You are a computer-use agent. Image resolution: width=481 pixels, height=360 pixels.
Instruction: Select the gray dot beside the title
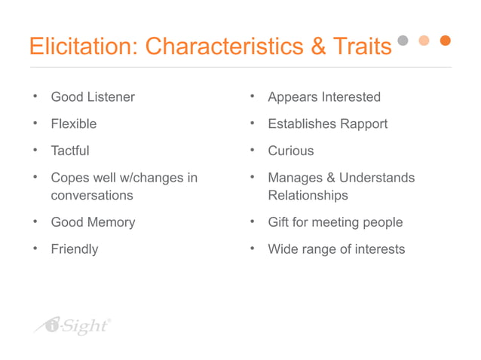coord(403,41)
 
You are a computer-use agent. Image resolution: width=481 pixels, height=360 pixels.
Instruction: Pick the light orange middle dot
coord(424,41)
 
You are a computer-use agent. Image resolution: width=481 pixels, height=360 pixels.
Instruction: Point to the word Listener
coord(110,97)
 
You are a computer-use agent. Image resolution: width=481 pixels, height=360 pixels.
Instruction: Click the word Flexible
coord(73,124)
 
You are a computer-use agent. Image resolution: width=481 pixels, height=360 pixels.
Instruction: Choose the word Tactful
coord(69,151)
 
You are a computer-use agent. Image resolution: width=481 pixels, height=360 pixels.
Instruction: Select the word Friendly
coord(74,249)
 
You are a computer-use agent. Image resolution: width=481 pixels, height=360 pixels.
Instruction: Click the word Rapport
coord(362,124)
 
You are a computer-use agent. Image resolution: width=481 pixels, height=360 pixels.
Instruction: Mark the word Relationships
coord(308,195)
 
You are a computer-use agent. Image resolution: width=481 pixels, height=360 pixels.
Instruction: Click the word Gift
coord(278,222)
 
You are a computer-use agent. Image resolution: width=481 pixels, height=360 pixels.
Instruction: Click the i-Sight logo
coord(73,325)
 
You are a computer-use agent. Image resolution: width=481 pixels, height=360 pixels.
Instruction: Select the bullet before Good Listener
coord(35,96)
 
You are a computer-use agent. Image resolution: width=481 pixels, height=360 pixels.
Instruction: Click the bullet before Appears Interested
coord(252,96)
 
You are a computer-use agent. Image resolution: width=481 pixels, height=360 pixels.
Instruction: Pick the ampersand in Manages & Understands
coord(328,178)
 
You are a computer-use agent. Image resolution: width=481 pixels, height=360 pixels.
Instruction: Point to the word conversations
coord(91,195)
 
